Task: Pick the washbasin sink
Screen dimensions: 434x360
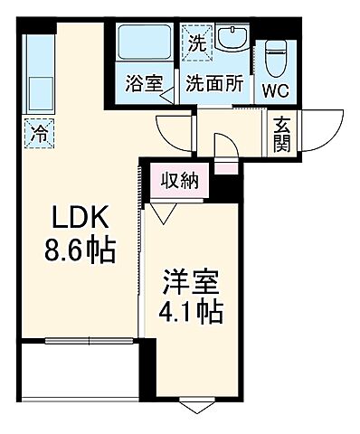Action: (x=234, y=41)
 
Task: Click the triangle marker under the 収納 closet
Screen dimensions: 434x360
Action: (x=164, y=214)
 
